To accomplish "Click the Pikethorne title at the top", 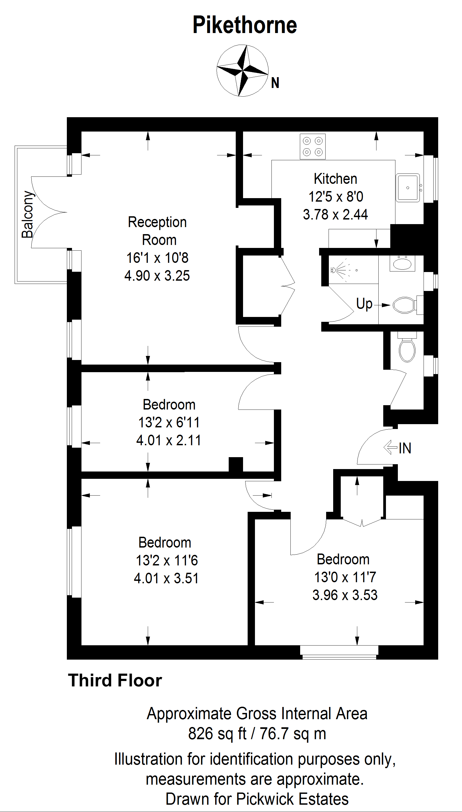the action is (x=245, y=25).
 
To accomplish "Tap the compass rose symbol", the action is (x=243, y=70).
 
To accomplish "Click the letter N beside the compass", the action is (x=275, y=83).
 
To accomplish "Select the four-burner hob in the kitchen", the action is (x=313, y=147).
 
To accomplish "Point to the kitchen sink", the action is (x=408, y=188).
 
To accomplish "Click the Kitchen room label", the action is (x=335, y=179).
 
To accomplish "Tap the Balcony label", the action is (x=28, y=214).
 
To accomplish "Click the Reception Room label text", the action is (x=158, y=231).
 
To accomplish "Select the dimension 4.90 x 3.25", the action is (x=157, y=276).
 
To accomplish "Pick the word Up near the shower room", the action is (x=364, y=304).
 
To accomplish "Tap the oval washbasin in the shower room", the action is (x=402, y=263).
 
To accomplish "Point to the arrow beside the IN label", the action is (x=390, y=448).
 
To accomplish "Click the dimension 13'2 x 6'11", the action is (x=169, y=422).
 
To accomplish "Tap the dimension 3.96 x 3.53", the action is (x=345, y=595).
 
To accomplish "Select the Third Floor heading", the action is (x=115, y=681).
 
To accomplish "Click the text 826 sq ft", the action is (x=217, y=734).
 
